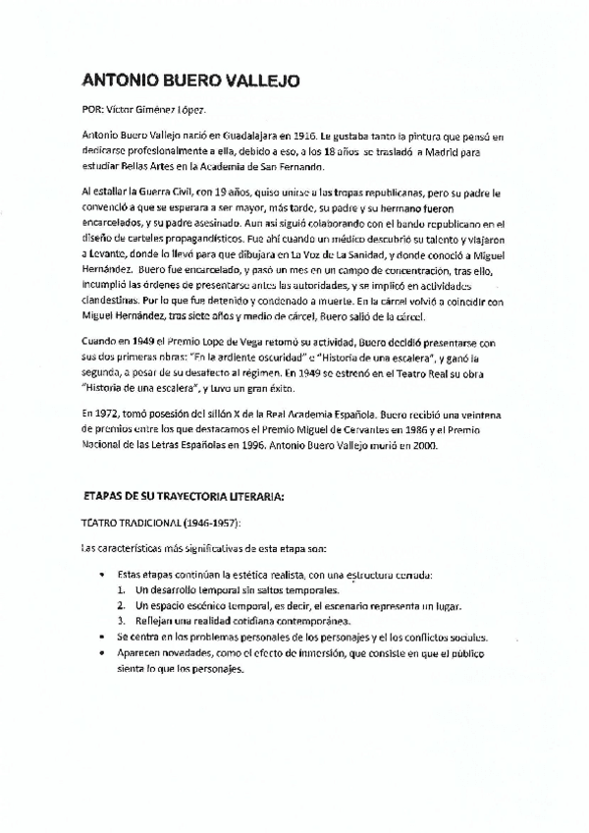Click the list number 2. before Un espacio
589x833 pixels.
pyautogui.click(x=120, y=606)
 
